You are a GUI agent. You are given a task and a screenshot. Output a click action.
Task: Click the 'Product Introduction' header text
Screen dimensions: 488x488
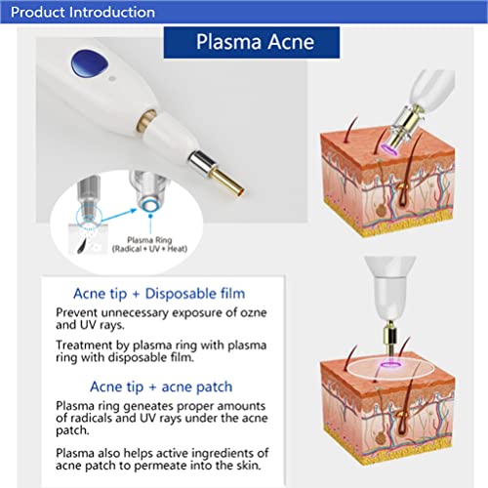(78, 12)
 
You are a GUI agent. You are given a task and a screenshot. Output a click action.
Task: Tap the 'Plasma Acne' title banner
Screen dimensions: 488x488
(253, 44)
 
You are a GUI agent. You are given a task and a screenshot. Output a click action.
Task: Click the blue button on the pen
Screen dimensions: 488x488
(88, 66)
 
